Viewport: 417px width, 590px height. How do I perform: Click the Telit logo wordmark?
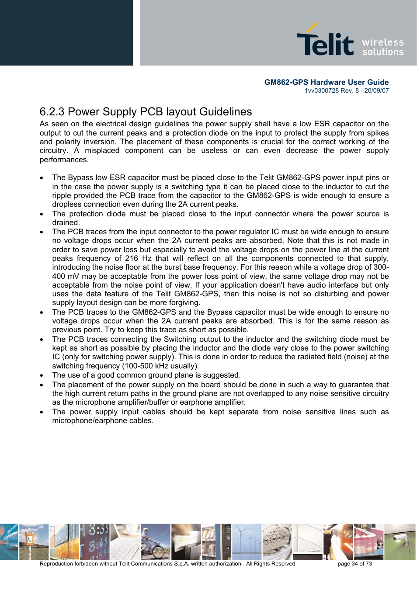pyautogui.click(x=325, y=44)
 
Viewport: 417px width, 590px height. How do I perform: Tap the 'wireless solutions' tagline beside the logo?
pyautogui.click(x=382, y=47)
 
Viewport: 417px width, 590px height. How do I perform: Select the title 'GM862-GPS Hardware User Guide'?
pyautogui.click(x=326, y=82)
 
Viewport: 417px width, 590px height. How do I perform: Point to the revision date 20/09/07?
pyautogui.click(x=376, y=91)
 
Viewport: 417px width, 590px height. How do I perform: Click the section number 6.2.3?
pyautogui.click(x=52, y=112)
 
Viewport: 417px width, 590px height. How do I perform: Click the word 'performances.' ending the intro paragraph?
pyautogui.click(x=64, y=160)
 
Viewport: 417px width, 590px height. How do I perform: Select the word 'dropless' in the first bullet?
pyautogui.click(x=67, y=205)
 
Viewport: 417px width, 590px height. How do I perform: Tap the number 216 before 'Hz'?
pyautogui.click(x=132, y=259)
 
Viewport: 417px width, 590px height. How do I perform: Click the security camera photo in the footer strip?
pyautogui.click(x=400, y=542)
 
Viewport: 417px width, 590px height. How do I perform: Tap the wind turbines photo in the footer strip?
pyautogui.click(x=247, y=542)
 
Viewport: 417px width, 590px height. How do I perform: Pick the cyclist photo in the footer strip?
pyautogui.click(x=156, y=542)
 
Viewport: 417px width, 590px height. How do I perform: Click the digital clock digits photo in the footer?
pyautogui.click(x=95, y=542)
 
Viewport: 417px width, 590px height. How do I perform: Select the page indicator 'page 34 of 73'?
pyautogui.click(x=354, y=564)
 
